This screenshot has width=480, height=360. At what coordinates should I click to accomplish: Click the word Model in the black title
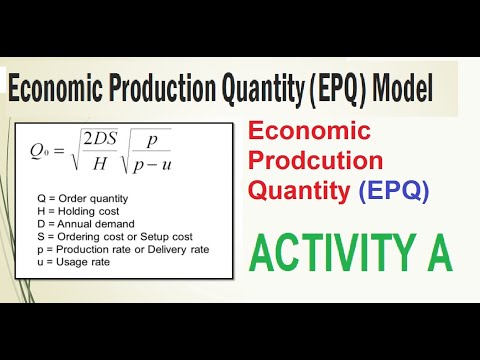[x=402, y=87]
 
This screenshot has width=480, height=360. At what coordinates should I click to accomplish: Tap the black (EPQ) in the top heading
[x=338, y=89]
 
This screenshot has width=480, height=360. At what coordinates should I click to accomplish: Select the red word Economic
[x=309, y=131]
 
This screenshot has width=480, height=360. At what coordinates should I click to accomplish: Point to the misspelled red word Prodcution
[x=315, y=161]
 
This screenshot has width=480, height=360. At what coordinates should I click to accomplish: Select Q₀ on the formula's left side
[x=39, y=151]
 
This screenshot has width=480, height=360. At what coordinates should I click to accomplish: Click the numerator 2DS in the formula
[x=100, y=139]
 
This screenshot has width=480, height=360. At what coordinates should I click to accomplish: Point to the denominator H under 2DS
[x=100, y=163]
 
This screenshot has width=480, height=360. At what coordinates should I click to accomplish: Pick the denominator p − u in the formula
[x=152, y=166]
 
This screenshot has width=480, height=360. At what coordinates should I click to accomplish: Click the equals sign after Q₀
[x=59, y=151]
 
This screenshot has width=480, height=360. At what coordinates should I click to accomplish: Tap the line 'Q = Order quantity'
[x=83, y=199]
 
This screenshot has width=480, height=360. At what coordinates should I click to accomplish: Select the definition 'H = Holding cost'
[x=78, y=211]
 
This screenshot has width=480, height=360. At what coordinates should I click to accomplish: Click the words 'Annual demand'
[x=96, y=224]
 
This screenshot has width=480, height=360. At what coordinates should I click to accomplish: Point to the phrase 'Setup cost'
[x=166, y=237]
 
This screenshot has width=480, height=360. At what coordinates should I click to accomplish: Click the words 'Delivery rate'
[x=178, y=249]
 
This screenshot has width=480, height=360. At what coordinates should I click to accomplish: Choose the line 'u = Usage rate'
[x=74, y=262]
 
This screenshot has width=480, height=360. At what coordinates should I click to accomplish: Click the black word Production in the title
[x=163, y=87]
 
